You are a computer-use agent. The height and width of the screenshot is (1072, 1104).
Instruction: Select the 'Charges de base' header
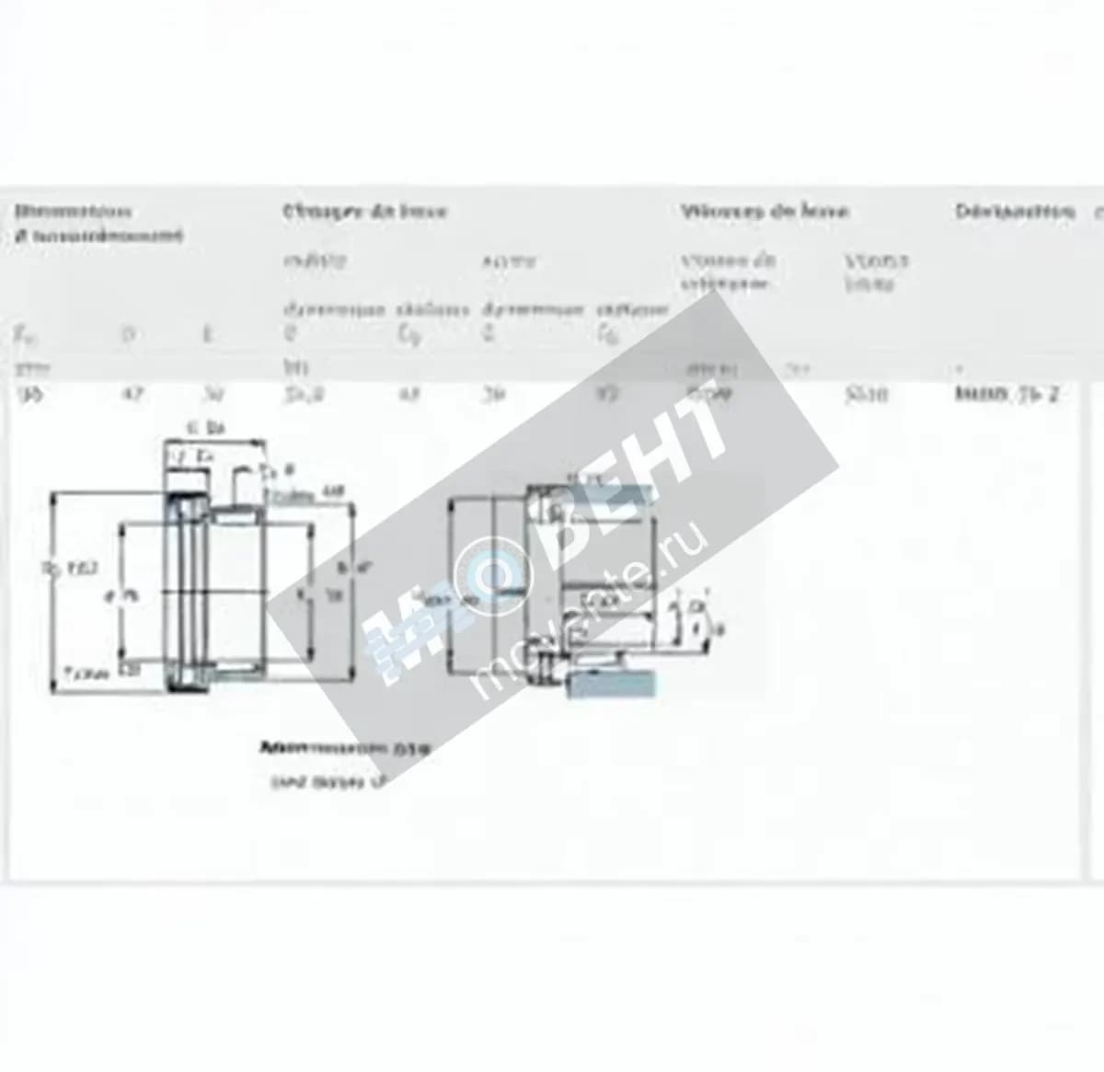(x=364, y=212)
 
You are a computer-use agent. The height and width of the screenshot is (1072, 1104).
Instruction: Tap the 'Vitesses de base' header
(x=765, y=212)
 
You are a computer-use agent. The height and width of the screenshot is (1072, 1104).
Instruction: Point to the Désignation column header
(x=1014, y=212)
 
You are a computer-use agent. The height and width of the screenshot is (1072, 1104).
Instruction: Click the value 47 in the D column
(x=133, y=396)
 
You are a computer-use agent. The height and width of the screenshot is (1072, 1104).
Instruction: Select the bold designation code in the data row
(x=1006, y=396)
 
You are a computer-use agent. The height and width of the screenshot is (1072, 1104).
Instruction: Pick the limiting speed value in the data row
(x=866, y=396)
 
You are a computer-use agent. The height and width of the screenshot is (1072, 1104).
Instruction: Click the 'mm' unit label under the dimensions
(x=35, y=368)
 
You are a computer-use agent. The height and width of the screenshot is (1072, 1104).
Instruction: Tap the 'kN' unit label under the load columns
(x=293, y=368)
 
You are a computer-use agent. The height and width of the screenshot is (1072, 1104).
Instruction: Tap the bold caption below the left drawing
(x=345, y=748)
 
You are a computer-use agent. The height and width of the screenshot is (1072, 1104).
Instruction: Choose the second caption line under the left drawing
(x=327, y=782)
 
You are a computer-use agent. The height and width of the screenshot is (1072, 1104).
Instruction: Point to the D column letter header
(x=131, y=334)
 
